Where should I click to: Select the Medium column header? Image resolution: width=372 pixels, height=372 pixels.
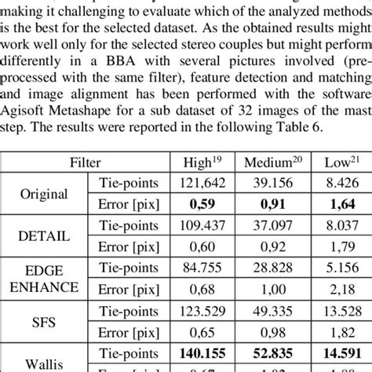[274, 163]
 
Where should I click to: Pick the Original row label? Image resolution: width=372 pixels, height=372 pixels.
[44, 194]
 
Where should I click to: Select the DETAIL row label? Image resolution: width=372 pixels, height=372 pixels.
[44, 235]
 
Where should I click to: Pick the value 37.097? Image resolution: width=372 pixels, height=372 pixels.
[274, 225]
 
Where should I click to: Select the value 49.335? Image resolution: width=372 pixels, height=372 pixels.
[274, 310]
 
